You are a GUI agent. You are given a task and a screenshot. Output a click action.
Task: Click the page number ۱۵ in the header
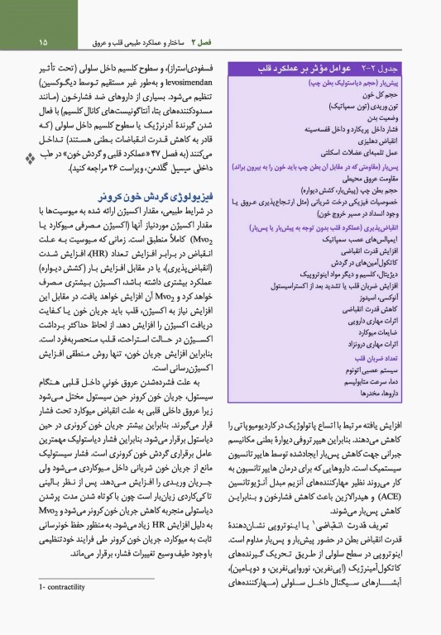coord(43,41)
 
